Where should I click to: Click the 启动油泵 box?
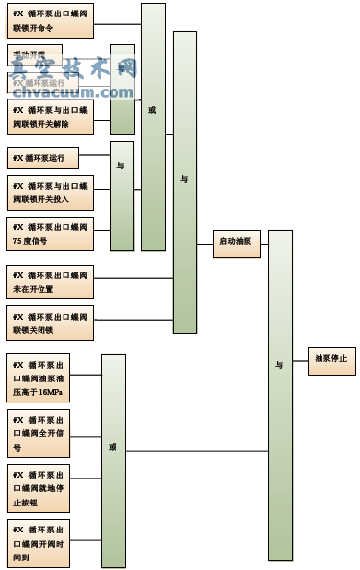(237, 245)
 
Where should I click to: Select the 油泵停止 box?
(331, 359)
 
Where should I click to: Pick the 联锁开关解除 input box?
(50, 117)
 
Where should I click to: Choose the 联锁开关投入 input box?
(50, 193)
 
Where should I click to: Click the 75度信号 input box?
(50, 234)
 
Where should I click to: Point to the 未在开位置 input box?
(50, 281)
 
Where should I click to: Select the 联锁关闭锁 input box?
(50, 323)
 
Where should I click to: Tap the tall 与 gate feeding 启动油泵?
(185, 181)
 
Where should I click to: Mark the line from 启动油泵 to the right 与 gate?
(264, 245)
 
